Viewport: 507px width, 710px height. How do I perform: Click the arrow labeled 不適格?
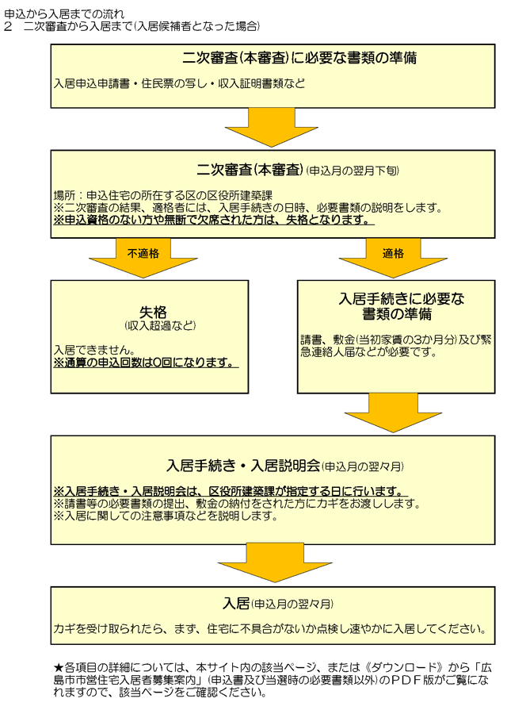[143, 257]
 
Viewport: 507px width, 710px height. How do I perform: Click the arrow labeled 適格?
[393, 257]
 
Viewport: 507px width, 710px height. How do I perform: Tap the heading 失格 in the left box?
[154, 312]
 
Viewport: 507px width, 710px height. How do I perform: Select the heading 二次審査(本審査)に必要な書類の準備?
[299, 58]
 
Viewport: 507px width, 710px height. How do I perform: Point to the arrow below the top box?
[272, 127]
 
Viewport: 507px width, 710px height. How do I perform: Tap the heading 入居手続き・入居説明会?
[243, 466]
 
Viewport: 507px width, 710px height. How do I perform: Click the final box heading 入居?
[236, 604]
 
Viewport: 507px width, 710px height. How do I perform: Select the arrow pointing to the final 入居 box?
[275, 562]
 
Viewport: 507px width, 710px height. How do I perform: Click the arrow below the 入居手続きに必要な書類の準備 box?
[393, 413]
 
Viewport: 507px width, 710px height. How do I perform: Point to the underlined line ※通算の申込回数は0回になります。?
[146, 363]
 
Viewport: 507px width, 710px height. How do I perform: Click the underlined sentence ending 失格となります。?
[213, 220]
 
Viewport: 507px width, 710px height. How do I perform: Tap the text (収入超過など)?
[160, 325]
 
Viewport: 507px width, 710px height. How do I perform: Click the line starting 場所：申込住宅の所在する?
[163, 196]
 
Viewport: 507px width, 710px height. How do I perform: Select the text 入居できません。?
[94, 350]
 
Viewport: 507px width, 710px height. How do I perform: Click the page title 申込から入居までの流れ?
[63, 14]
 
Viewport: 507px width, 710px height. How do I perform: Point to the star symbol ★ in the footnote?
[59, 667]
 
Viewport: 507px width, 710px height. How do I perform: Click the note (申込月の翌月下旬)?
[353, 171]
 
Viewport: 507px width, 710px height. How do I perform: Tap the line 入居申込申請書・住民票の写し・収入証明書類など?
[179, 84]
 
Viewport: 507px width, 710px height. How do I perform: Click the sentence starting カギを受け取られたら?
[270, 629]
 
